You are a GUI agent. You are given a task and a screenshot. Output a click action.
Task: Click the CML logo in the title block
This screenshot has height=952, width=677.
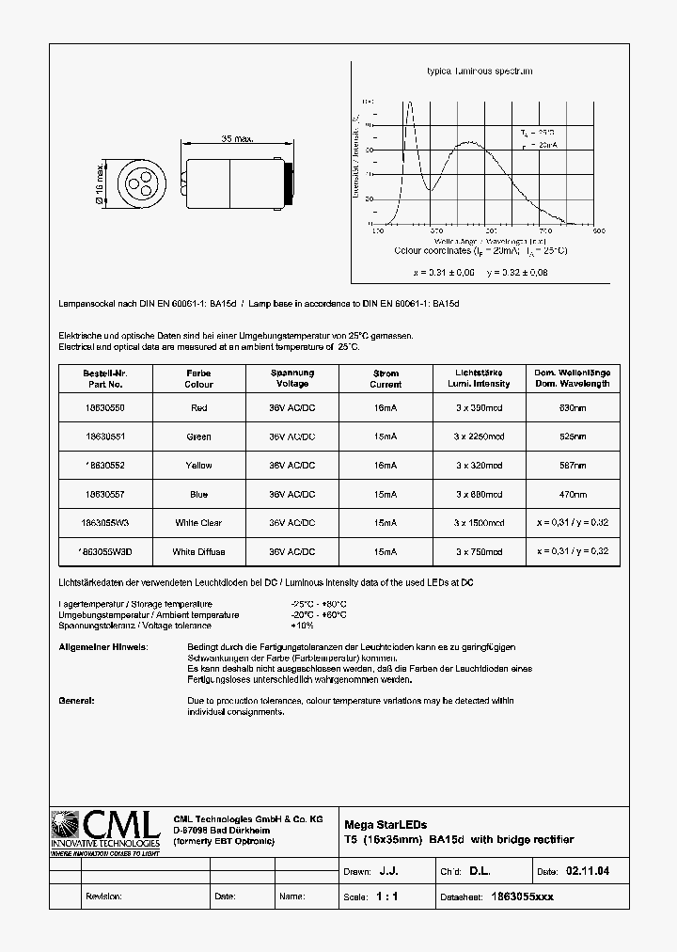tap(105, 830)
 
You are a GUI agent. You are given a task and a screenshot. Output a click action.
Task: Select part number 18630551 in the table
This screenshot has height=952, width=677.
tap(103, 436)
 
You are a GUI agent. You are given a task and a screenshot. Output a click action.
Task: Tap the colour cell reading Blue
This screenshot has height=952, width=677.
tap(198, 494)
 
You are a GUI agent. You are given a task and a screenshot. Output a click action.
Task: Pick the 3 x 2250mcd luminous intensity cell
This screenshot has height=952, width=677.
tap(479, 436)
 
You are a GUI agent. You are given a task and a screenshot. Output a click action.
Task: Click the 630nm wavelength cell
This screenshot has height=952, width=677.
tap(573, 407)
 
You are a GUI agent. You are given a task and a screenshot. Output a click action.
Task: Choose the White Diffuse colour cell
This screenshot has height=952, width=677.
tap(198, 552)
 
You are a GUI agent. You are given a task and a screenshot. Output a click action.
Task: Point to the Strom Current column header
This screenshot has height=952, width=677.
tap(386, 378)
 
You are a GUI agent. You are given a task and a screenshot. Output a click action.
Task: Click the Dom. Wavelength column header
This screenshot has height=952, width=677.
tap(573, 378)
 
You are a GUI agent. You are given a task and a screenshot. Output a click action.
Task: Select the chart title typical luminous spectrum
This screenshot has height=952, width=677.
tap(480, 71)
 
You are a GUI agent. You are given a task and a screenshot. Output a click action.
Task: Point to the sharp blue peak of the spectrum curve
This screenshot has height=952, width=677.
tap(409, 102)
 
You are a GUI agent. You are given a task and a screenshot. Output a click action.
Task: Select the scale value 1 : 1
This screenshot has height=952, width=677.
tap(387, 896)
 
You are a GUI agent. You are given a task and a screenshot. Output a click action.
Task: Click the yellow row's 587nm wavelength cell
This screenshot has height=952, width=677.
tap(573, 466)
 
